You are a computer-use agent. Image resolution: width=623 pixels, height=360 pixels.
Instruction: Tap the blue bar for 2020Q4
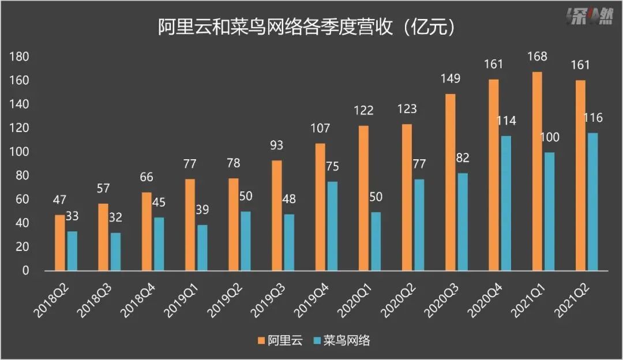(x=506, y=203)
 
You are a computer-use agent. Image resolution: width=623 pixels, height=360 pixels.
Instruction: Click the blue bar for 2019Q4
(x=332, y=226)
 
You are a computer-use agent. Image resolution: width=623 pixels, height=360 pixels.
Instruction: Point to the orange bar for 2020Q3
(x=450, y=182)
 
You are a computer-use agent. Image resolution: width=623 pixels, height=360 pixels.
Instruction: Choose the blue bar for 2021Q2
(x=592, y=202)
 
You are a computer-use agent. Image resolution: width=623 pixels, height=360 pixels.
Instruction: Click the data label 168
(x=536, y=57)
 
